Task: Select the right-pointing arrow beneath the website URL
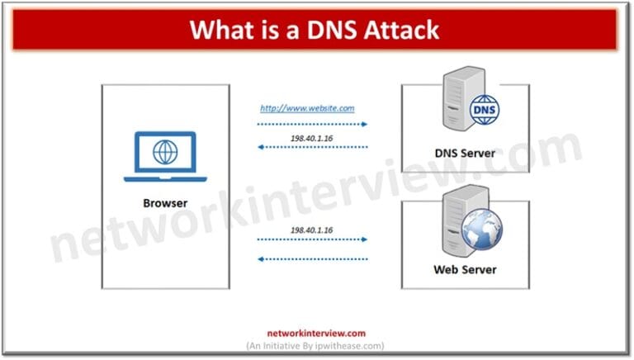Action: [x=311, y=124]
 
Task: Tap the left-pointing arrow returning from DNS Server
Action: [x=311, y=147]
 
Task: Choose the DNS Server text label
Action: [x=465, y=153]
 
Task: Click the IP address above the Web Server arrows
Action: [x=310, y=228]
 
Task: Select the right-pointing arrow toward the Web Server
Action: [x=311, y=240]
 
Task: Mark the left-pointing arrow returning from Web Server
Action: [x=311, y=258]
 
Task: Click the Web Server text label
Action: [x=465, y=269]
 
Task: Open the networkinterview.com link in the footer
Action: [x=316, y=334]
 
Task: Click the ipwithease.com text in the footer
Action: [x=349, y=346]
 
